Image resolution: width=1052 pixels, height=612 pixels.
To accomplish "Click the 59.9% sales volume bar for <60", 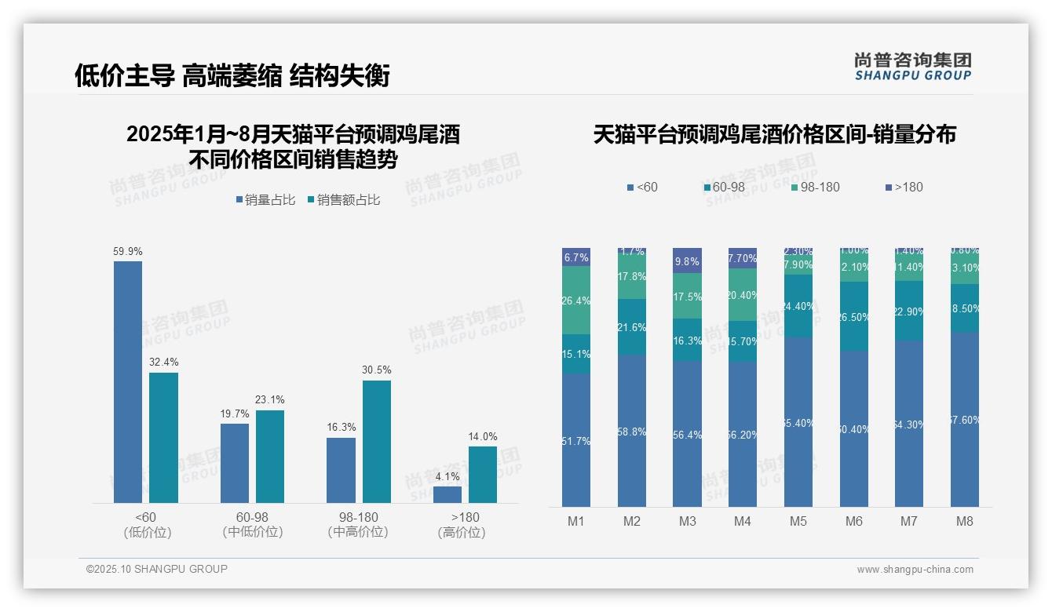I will (x=128, y=382).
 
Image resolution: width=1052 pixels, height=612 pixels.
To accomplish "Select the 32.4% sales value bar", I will (x=163, y=438).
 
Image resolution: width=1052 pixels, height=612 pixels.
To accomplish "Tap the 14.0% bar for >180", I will (x=483, y=475).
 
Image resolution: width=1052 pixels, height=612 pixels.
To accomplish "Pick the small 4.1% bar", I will (x=447, y=494).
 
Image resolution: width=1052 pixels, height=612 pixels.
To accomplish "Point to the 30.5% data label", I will (x=377, y=370).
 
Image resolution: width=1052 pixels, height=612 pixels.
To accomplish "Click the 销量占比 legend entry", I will (x=265, y=200).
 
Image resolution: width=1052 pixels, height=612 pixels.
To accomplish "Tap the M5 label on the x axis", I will (x=798, y=521).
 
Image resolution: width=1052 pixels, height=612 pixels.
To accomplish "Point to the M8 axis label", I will (x=965, y=521).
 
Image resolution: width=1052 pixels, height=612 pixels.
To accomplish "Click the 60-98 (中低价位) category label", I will (x=253, y=524).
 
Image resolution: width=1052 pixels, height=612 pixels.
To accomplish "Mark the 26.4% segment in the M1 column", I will (x=576, y=300).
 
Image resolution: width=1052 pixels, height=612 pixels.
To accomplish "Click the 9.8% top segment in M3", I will (x=687, y=260).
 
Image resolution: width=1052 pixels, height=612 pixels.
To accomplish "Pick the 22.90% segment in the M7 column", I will (x=909, y=311).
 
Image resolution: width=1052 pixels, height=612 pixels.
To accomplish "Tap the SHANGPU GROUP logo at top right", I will (x=912, y=66).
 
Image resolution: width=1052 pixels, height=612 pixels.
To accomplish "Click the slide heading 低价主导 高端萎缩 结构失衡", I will (x=232, y=75).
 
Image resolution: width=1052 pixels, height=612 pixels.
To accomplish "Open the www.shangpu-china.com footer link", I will (x=915, y=570).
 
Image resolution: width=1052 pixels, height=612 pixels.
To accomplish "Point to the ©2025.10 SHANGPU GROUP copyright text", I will (x=157, y=569).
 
